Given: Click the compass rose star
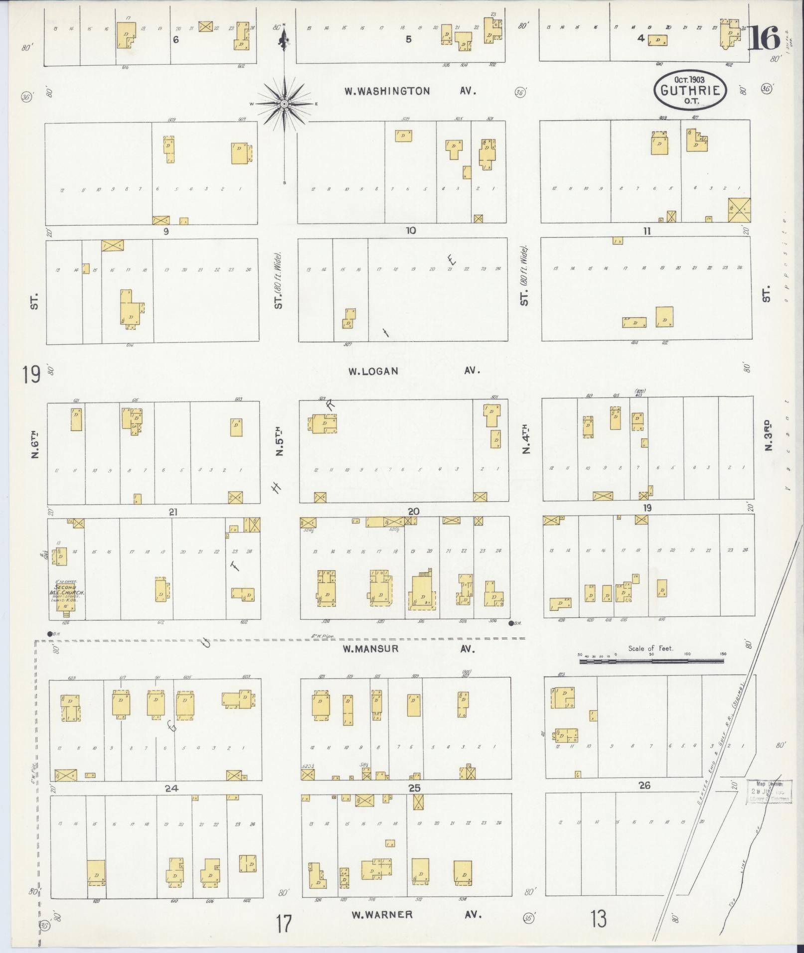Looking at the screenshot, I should [284, 104].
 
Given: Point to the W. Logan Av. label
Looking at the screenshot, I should [413, 371].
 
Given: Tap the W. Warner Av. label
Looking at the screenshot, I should [416, 915].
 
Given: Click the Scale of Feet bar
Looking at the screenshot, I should [651, 661].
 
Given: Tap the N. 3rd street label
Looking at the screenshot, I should [768, 436].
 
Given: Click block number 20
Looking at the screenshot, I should [413, 511].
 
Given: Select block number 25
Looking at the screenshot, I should [414, 788].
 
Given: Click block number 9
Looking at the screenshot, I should [166, 231].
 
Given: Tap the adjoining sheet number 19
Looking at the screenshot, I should [30, 374].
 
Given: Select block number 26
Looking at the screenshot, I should [644, 785].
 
